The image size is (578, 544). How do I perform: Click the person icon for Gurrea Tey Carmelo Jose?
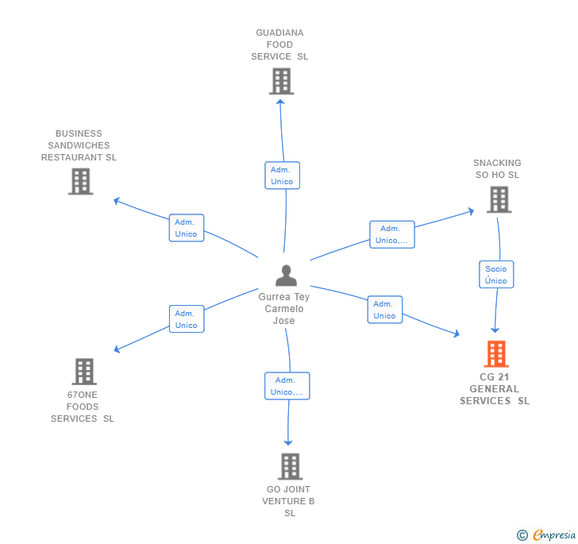click(x=286, y=275)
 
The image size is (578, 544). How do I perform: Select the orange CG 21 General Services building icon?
click(x=496, y=354)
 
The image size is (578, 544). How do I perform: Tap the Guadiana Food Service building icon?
click(x=281, y=81)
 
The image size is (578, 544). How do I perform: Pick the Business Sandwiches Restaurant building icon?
click(x=80, y=181)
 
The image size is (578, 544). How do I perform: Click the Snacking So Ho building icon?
click(x=499, y=199)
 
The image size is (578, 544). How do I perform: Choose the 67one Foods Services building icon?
click(x=84, y=371)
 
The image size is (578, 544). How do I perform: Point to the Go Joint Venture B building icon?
click(x=291, y=466)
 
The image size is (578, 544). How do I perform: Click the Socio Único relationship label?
click(x=496, y=275)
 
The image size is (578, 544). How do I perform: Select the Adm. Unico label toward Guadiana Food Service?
click(x=282, y=176)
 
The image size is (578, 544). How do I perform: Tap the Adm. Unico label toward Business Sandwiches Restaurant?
click(x=187, y=228)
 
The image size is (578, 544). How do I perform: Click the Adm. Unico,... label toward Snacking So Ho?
click(x=391, y=234)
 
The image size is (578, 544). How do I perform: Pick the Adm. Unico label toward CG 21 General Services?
click(x=384, y=310)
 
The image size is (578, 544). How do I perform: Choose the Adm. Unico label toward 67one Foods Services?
click(x=187, y=319)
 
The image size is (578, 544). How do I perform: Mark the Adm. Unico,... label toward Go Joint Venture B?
click(x=287, y=386)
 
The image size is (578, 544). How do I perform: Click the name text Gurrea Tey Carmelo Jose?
click(x=284, y=309)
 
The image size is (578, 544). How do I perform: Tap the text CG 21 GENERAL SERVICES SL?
click(x=495, y=389)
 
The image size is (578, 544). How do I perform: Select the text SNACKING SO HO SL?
click(x=498, y=169)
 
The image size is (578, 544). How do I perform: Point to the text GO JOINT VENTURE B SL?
click(x=289, y=501)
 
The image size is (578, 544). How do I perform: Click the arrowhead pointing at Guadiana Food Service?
click(x=280, y=100)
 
